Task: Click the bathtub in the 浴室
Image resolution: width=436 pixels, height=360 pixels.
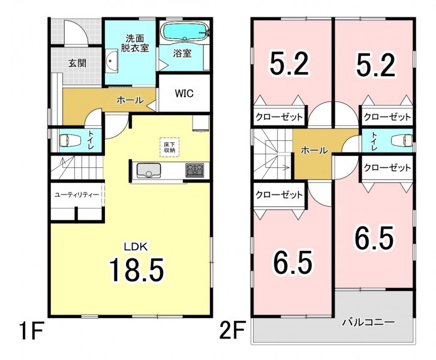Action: (x=186, y=31)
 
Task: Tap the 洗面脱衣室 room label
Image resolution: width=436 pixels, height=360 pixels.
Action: (x=134, y=43)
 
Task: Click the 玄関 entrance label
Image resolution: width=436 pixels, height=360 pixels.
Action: (x=77, y=64)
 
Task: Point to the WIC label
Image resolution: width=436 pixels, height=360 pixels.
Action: (x=184, y=94)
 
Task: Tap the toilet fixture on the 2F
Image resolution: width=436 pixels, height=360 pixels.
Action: (x=401, y=140)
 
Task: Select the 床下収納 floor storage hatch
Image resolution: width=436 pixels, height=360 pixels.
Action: (x=169, y=148)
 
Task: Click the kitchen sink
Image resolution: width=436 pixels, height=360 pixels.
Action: (x=149, y=170)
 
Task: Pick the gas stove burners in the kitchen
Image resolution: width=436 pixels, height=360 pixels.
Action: (x=195, y=170)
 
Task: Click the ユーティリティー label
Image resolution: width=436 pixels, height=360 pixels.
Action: (x=77, y=195)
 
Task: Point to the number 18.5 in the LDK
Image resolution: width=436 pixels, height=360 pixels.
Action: (x=136, y=269)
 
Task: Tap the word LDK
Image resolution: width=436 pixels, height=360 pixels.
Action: (x=136, y=247)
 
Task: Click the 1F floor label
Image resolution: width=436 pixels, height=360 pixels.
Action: (x=31, y=330)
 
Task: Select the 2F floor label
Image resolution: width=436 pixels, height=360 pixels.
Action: (x=233, y=330)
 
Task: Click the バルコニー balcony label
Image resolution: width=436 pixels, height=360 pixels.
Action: (x=368, y=323)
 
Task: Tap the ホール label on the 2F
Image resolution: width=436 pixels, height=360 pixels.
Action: (x=314, y=151)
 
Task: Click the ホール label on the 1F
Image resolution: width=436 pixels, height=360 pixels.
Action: (x=130, y=100)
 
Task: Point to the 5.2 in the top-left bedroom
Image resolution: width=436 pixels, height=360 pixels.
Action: (x=288, y=64)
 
